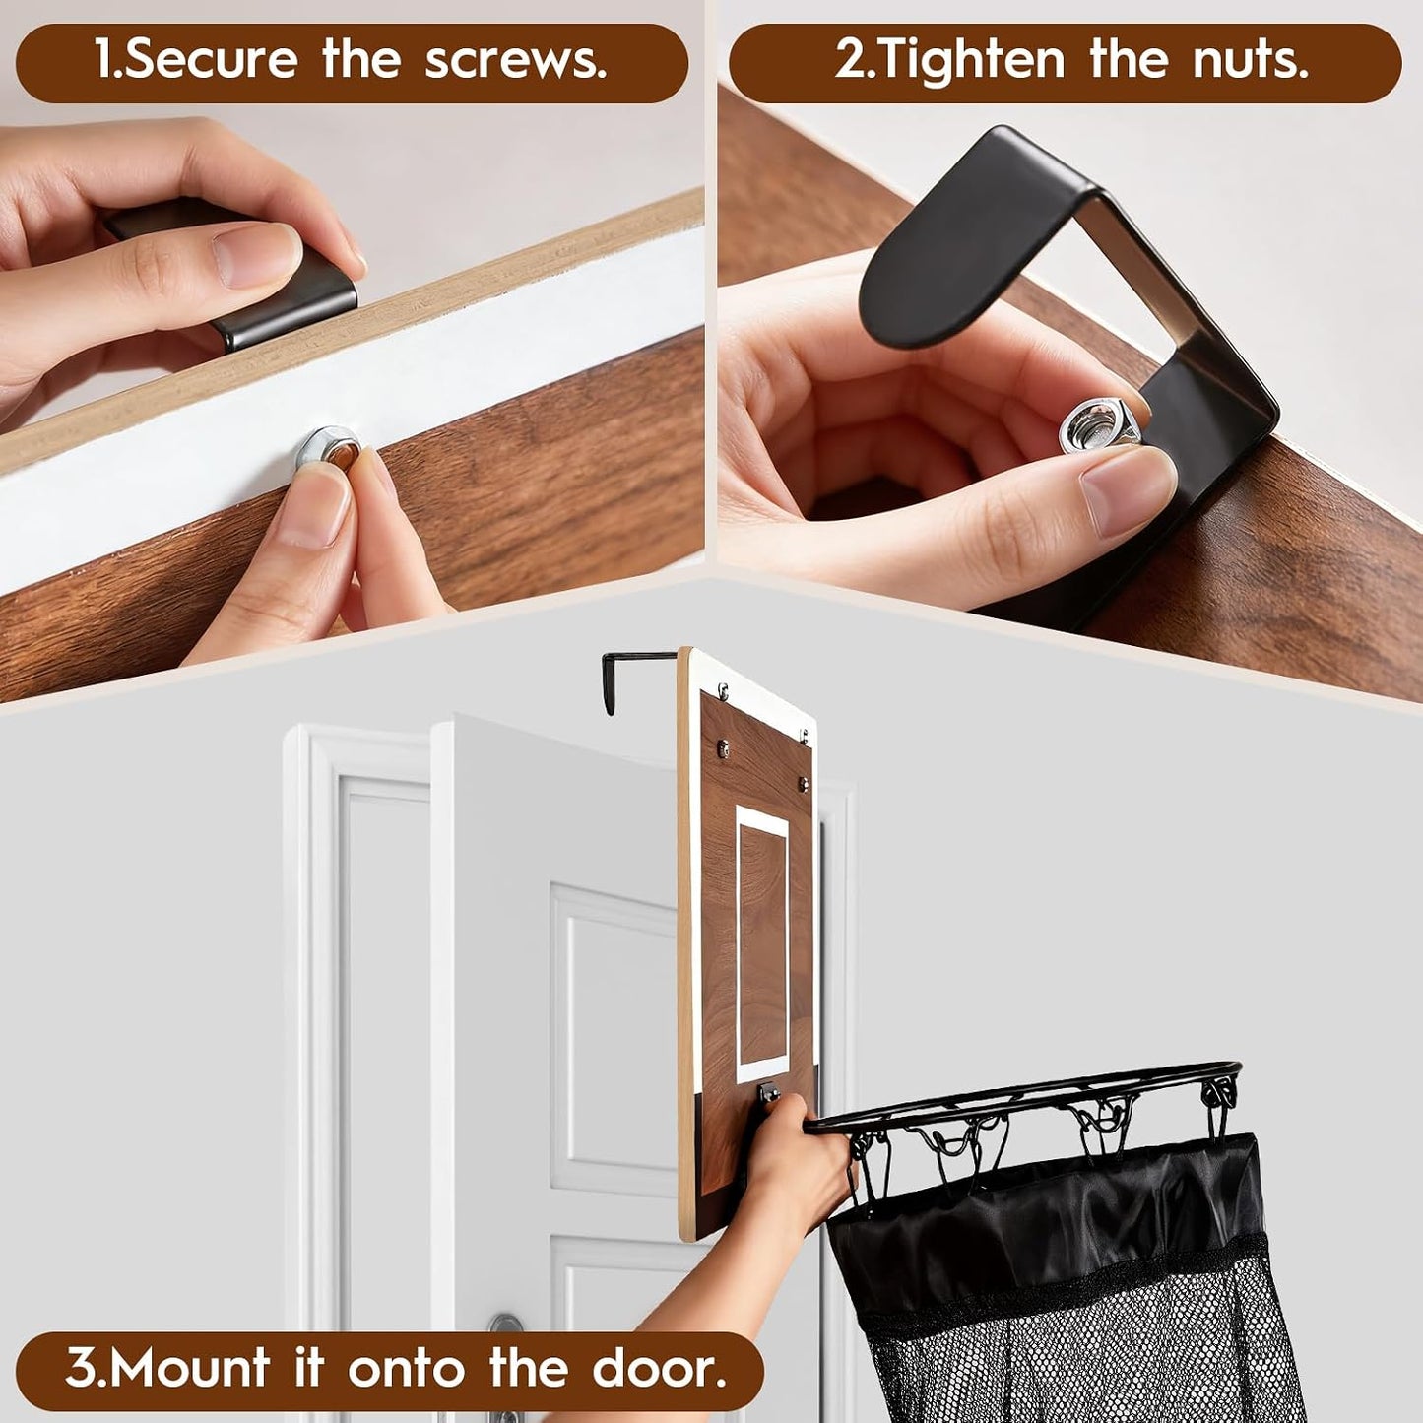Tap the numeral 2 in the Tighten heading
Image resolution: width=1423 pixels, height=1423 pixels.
849,62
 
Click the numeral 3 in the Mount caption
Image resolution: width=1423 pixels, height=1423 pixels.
81,1347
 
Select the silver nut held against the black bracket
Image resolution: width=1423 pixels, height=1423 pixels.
1098,423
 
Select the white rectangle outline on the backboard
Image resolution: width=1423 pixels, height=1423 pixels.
763,944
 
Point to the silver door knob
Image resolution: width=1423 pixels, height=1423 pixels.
506,1319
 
